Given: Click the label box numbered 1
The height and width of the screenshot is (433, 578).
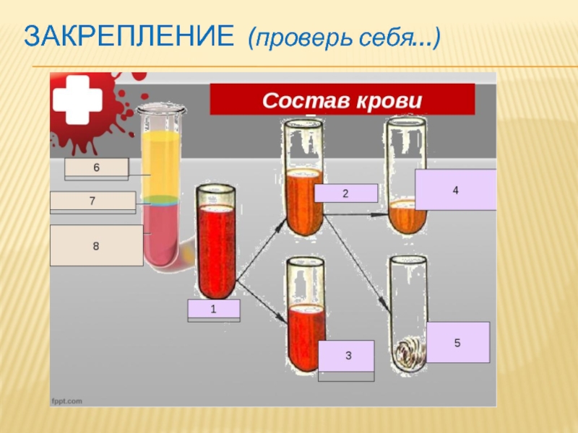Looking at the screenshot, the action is pyautogui.click(x=213, y=310).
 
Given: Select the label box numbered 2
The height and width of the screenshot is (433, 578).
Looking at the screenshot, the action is pyautogui.click(x=345, y=193).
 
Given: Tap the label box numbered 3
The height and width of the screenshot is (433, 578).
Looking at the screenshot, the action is pyautogui.click(x=347, y=356).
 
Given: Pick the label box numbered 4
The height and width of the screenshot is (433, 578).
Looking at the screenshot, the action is pyautogui.click(x=455, y=190).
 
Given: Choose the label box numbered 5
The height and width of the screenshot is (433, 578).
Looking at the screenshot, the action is pyautogui.click(x=457, y=342).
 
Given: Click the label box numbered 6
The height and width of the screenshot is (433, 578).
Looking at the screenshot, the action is pyautogui.click(x=96, y=167).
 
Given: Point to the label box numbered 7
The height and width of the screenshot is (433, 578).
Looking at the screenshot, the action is pyautogui.click(x=92, y=201).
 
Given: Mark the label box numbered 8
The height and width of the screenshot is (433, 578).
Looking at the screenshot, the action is pyautogui.click(x=96, y=246).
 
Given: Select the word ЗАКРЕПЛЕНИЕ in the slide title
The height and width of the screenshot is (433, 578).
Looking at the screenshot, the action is pyautogui.click(x=129, y=35).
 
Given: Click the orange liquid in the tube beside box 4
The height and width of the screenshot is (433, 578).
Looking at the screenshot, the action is pyautogui.click(x=406, y=216).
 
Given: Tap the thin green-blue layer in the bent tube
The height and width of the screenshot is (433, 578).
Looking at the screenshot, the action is pyautogui.click(x=160, y=200).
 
